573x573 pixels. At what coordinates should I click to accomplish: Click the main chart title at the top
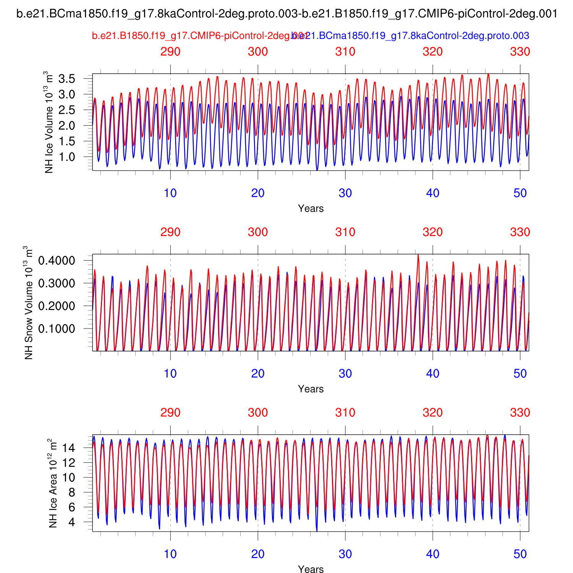coord(287,15)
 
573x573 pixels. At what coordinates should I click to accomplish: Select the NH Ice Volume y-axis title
coord(49,122)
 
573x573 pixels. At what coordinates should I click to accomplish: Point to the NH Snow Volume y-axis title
coord(29,303)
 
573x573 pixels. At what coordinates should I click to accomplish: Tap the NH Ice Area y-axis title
coord(53,483)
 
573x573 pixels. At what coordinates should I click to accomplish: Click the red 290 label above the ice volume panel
coord(170,52)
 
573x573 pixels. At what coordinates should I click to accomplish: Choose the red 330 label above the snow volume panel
coord(520,232)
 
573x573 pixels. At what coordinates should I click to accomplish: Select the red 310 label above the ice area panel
coord(345,413)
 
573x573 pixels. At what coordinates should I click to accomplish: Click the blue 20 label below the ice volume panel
coord(258,193)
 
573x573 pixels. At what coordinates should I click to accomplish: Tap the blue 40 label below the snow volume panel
coord(433,374)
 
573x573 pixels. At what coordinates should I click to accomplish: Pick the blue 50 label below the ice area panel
coord(520,554)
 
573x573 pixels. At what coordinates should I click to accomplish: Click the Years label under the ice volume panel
coord(311,209)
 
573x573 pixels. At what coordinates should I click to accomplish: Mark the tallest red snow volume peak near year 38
coord(418,255)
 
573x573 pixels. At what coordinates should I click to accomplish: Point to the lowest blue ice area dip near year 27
coord(317,531)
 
